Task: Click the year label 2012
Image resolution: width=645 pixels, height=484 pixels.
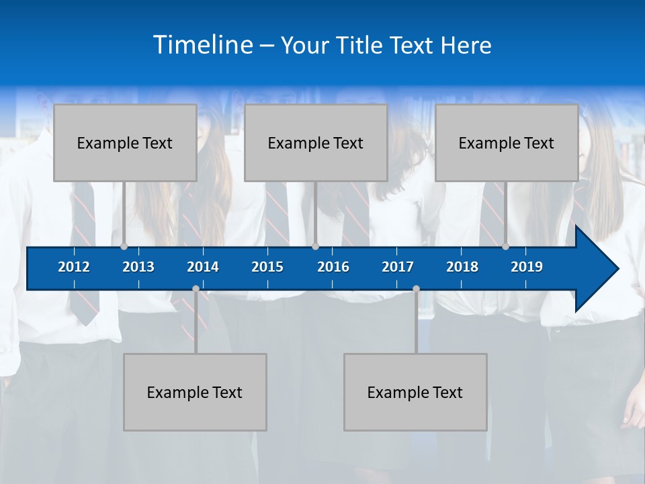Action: pyautogui.click(x=74, y=267)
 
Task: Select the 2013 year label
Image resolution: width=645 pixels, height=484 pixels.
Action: pyautogui.click(x=138, y=267)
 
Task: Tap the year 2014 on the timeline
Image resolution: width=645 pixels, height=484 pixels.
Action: pyautogui.click(x=203, y=267)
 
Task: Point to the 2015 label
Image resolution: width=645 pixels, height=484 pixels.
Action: pyautogui.click(x=267, y=267)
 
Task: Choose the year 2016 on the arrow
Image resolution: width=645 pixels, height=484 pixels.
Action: pyautogui.click(x=333, y=267)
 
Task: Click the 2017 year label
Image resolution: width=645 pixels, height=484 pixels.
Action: pyautogui.click(x=398, y=267)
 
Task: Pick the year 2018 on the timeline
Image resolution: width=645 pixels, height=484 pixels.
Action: pyautogui.click(x=462, y=267)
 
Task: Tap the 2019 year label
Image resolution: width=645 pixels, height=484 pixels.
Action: pyautogui.click(x=527, y=267)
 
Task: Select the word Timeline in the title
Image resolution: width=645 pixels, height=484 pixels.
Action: pyautogui.click(x=203, y=45)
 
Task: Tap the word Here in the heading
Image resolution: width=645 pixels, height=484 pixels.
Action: pyautogui.click(x=466, y=46)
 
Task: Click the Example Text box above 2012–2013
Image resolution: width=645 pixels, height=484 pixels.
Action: pyautogui.click(x=125, y=143)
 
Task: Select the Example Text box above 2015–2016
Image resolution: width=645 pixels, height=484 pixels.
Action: pyautogui.click(x=316, y=143)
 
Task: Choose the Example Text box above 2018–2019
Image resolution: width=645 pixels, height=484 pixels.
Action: pyautogui.click(x=507, y=143)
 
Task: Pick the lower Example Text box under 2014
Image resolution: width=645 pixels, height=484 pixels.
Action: pyautogui.click(x=195, y=393)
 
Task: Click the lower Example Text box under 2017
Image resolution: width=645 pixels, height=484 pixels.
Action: pyautogui.click(x=415, y=393)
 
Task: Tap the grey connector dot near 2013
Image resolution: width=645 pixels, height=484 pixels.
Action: pyautogui.click(x=124, y=247)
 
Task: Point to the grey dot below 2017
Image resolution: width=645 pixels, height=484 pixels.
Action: pyautogui.click(x=416, y=289)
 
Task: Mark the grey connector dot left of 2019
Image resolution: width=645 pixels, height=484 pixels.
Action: pyautogui.click(x=505, y=247)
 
